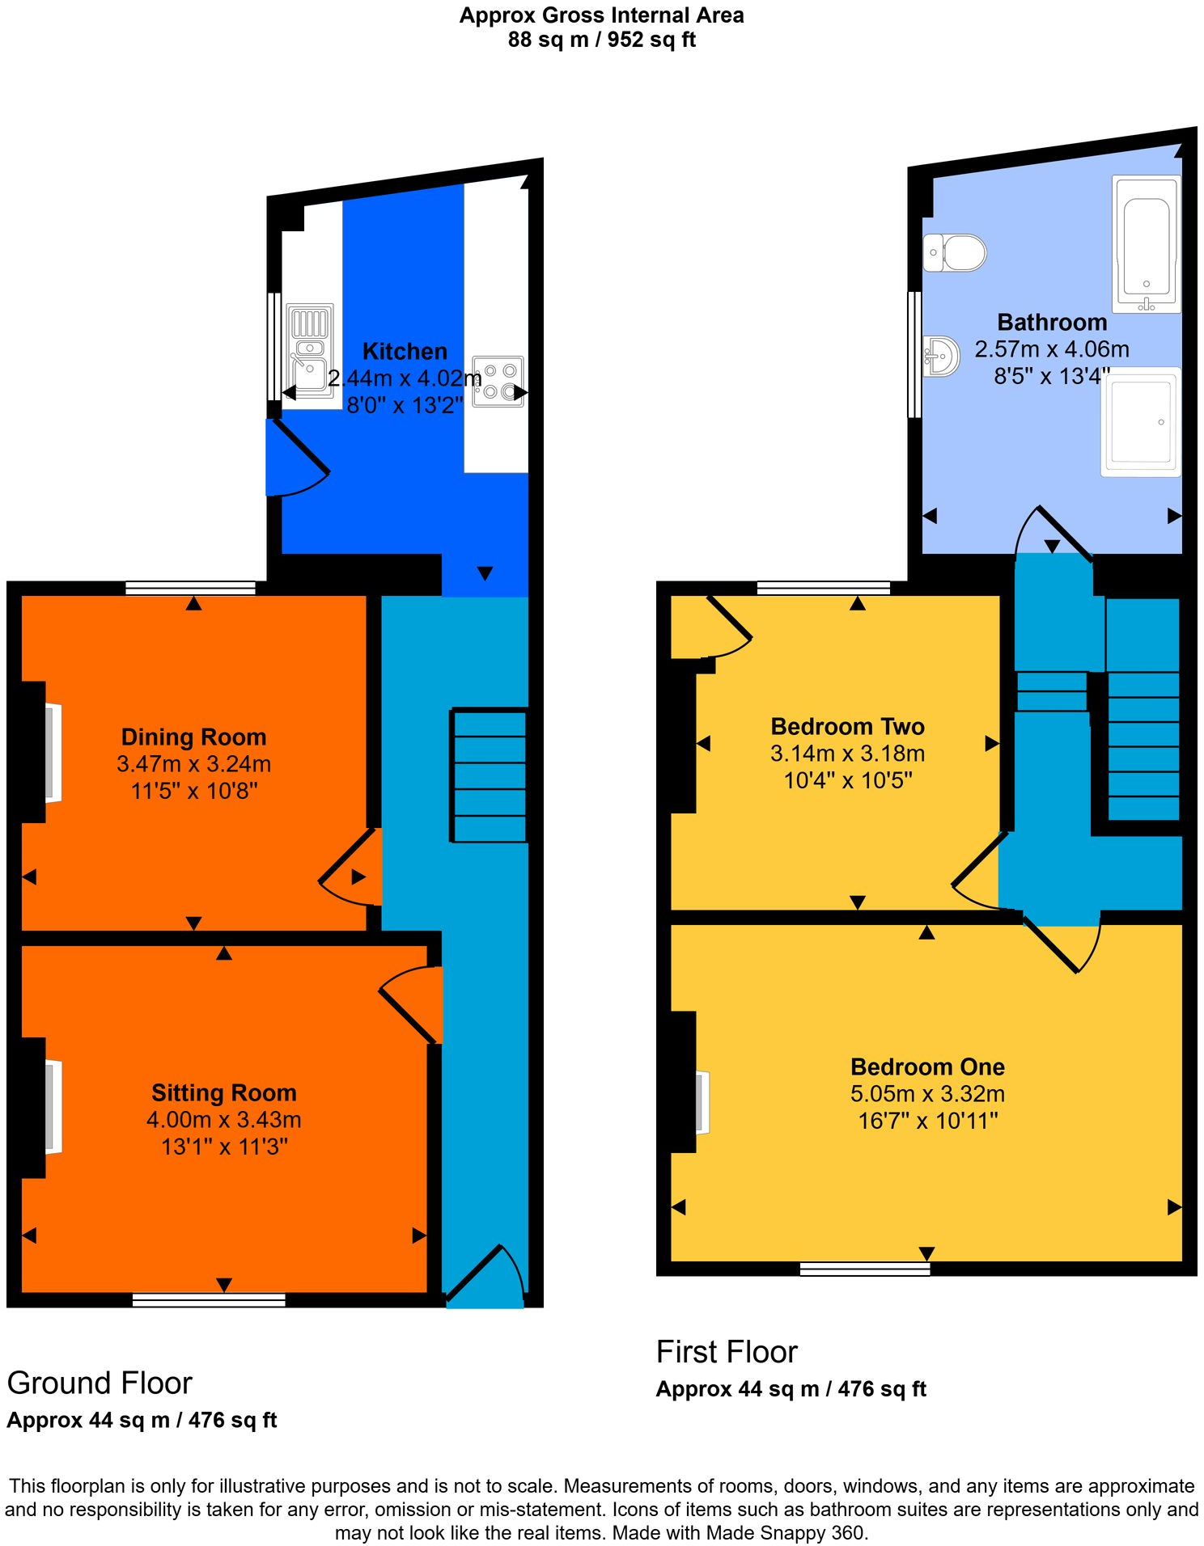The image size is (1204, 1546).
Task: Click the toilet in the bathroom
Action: click(956, 252)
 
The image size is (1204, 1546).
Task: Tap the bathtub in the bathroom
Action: click(1146, 243)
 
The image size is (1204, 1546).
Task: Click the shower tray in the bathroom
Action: click(1141, 421)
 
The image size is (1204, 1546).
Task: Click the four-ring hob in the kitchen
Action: click(498, 382)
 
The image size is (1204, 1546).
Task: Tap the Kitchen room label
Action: click(405, 352)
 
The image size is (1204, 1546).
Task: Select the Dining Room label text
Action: click(193, 737)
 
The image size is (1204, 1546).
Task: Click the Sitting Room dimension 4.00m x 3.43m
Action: click(223, 1120)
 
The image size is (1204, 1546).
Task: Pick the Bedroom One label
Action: click(927, 1067)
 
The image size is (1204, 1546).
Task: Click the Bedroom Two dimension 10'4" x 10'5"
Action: click(848, 780)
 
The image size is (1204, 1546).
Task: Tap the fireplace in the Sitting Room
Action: click(52, 1106)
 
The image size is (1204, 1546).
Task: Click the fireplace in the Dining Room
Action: click(52, 753)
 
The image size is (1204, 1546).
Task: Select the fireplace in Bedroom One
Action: click(702, 1101)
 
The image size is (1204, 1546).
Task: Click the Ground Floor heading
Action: click(100, 1383)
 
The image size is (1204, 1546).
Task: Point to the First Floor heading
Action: click(727, 1353)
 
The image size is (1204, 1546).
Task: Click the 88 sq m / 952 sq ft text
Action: click(601, 40)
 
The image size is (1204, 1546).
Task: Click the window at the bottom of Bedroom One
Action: click(864, 1269)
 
